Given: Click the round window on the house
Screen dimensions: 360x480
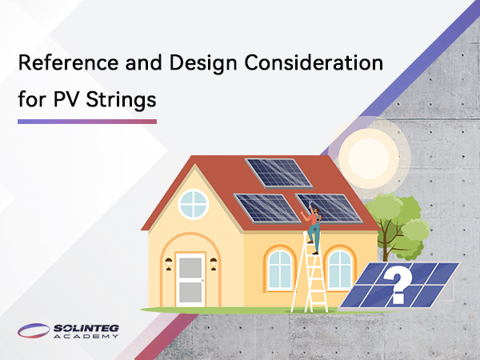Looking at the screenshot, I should pos(193,203).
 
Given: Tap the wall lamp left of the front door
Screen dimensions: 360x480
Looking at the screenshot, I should pos(169,262).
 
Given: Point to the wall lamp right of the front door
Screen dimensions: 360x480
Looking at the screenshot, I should pos(214,262).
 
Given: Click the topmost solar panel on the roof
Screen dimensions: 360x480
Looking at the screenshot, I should pos(277,172).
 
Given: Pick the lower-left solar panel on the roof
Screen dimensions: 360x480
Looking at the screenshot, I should pos(266,207).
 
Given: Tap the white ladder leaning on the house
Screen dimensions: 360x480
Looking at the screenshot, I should pos(310,280).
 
